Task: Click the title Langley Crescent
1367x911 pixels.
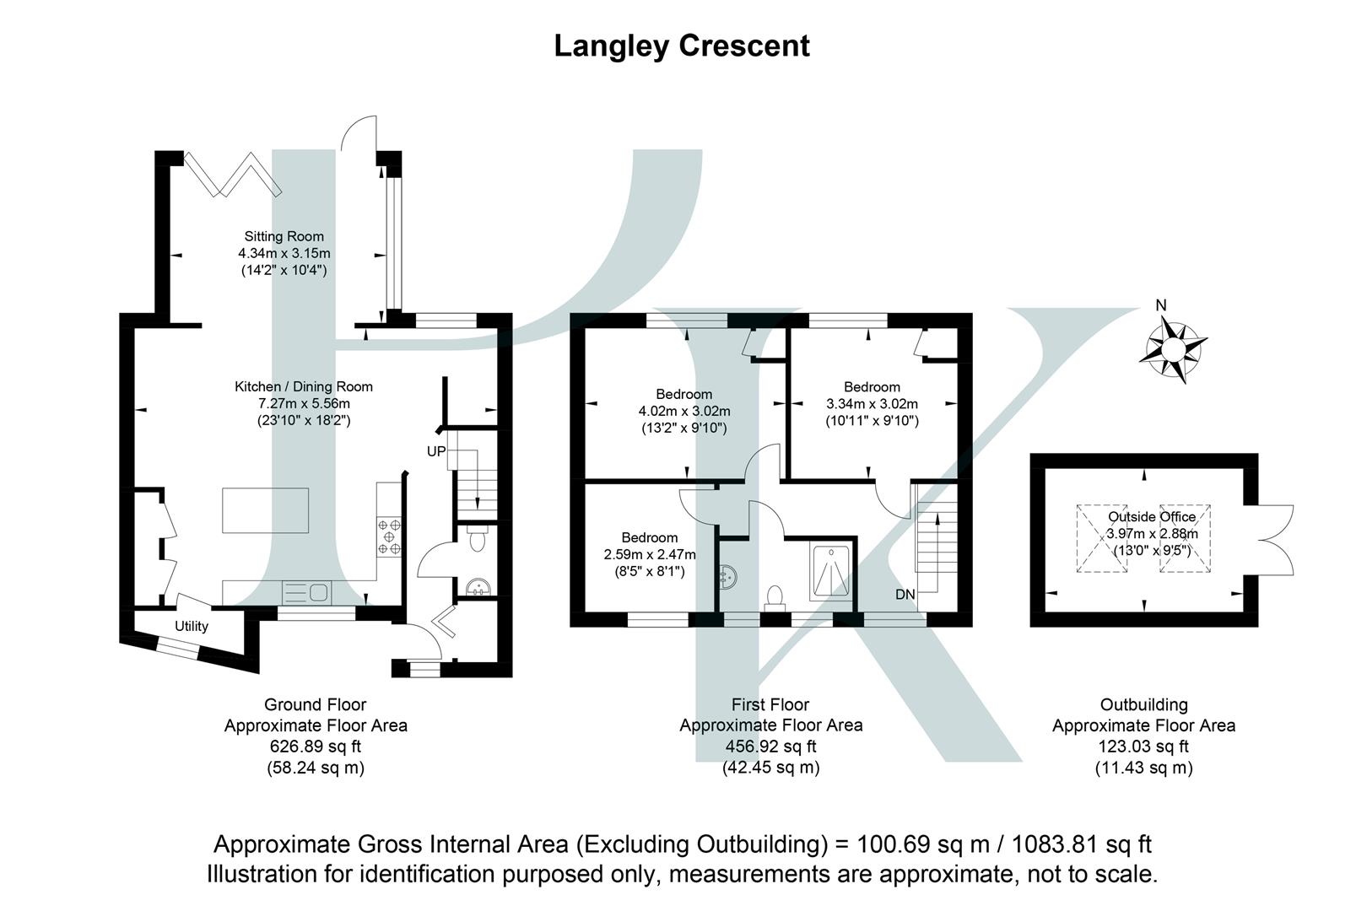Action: pos(682,46)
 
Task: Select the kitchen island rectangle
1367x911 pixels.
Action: pos(266,510)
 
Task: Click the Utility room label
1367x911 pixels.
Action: pos(192,626)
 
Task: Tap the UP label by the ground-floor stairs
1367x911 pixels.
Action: pos(435,451)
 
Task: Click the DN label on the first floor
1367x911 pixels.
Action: pos(905,595)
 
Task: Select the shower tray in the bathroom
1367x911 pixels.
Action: pos(831,571)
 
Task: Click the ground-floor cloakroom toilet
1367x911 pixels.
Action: pos(477,539)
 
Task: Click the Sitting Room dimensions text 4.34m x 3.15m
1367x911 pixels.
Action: pos(284,253)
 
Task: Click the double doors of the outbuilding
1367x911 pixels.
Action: pos(1272,540)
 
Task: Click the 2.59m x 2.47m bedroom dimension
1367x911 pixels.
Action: pos(650,554)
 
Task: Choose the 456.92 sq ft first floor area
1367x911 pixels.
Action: pos(770,746)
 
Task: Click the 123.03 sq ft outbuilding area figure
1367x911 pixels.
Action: pos(1143,746)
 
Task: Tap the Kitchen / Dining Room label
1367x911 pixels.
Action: pos(303,386)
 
